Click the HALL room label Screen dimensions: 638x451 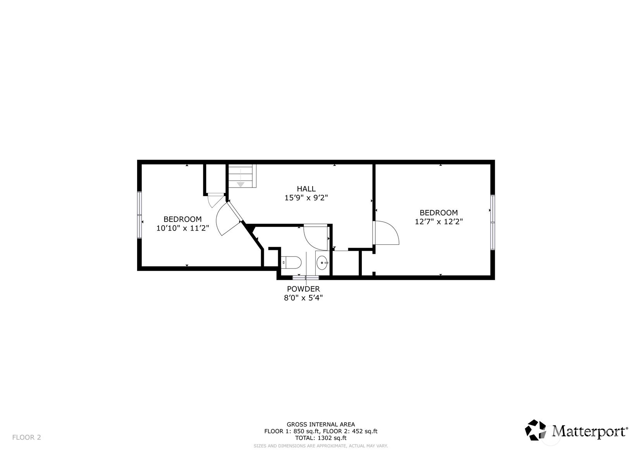tap(306, 189)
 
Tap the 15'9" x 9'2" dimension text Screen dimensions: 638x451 tap(306, 198)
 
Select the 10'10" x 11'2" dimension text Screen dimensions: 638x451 tap(182, 228)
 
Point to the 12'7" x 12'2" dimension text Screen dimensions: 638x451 tap(439, 221)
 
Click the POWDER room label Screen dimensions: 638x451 tap(303, 289)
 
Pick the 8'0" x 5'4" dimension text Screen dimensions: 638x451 tap(303, 298)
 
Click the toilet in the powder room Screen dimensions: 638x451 tap(291, 262)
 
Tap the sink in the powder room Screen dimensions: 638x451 tap(322, 262)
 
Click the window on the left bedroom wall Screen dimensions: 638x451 tap(139, 215)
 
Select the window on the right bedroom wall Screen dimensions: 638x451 tap(492, 222)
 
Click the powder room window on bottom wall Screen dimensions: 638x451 tap(306, 277)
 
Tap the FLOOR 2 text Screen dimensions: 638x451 tap(26, 437)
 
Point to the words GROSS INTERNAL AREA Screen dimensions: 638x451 tap(321, 425)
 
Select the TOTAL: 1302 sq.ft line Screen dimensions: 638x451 tap(321, 438)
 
